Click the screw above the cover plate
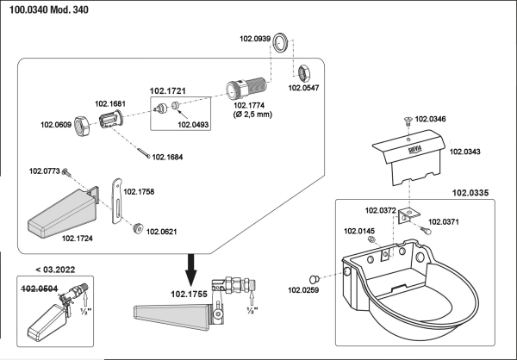408,118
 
